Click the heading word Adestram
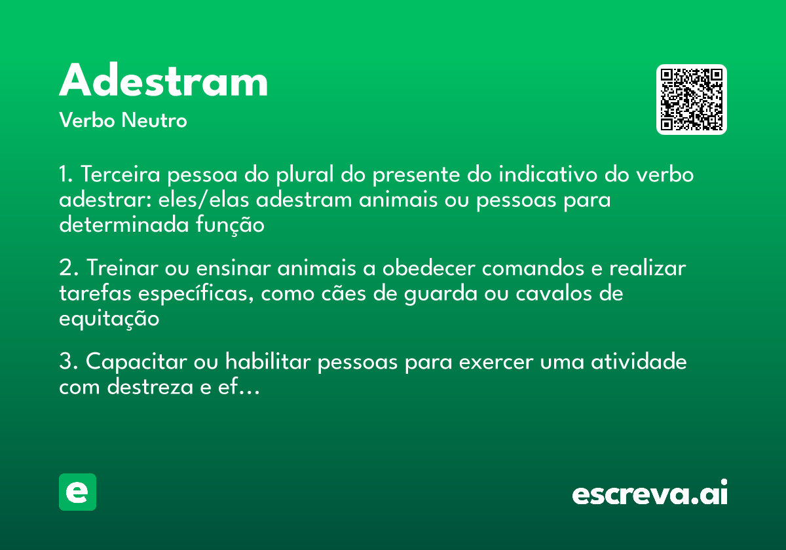click(x=164, y=82)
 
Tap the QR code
click(x=692, y=100)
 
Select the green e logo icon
click(x=77, y=492)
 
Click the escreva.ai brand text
click(x=650, y=494)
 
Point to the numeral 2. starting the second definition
click(x=68, y=268)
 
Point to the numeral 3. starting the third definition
click(x=68, y=361)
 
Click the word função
click(x=230, y=225)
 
